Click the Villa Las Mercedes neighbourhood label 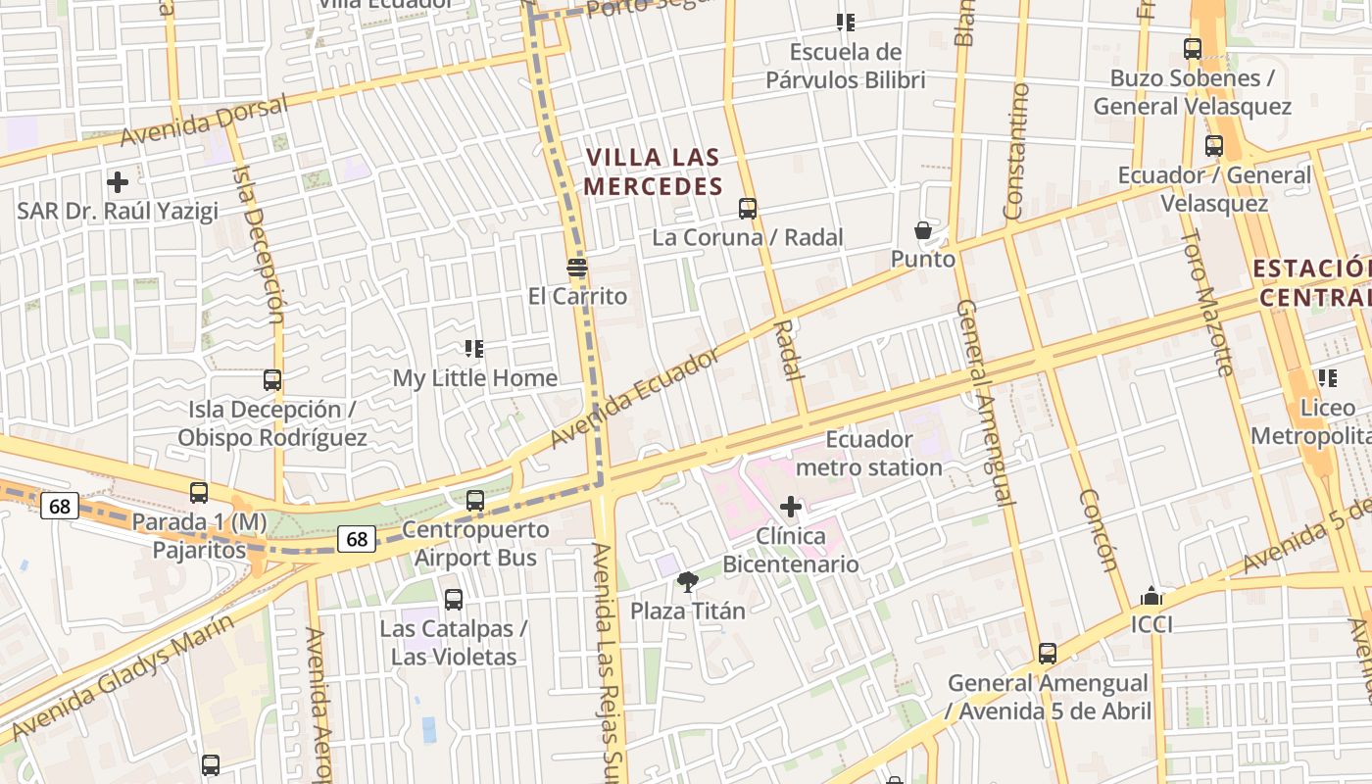coord(653,171)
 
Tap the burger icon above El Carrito coord(577,268)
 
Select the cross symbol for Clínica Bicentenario coord(791,507)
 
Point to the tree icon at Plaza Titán coord(688,582)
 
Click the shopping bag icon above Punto coord(923,231)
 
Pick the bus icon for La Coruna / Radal coord(748,209)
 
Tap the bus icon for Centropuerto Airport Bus coord(475,501)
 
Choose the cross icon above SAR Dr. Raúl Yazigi coord(118,182)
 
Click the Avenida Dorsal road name coord(204,121)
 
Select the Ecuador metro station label coord(869,453)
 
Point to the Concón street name coord(1098,529)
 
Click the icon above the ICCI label coord(1151,596)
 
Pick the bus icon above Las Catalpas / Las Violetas coord(454,600)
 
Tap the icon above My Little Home coord(474,349)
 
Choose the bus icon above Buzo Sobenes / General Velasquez coord(1193,49)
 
